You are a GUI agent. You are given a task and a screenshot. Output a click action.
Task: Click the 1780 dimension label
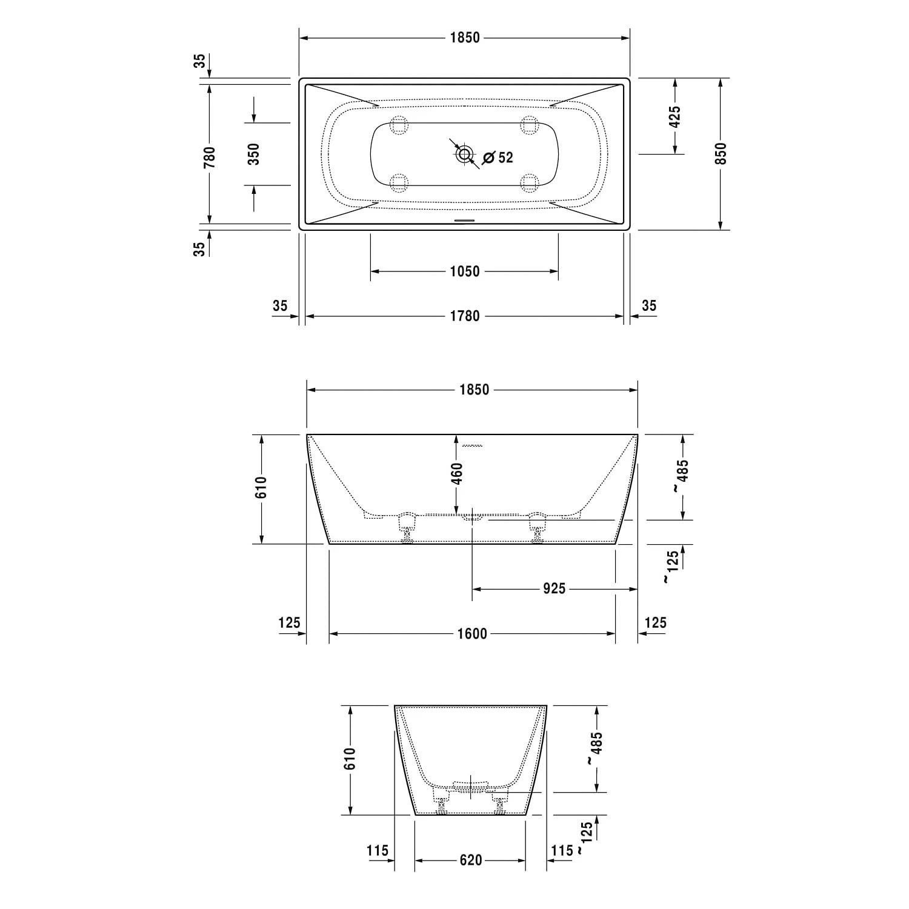click(465, 316)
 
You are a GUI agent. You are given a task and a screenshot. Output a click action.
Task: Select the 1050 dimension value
click(465, 271)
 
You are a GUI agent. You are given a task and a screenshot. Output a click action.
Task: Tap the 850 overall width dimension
click(721, 154)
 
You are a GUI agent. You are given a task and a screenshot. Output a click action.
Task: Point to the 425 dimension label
click(674, 116)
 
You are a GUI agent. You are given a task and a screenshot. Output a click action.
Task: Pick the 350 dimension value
click(254, 154)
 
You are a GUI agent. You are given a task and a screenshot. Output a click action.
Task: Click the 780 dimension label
click(210, 156)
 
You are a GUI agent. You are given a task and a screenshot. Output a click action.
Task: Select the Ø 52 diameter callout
click(498, 158)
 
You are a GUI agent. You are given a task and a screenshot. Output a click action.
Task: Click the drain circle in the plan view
click(465, 154)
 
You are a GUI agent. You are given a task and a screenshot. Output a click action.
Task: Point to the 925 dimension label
click(554, 588)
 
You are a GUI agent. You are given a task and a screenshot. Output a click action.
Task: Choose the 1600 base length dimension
click(472, 634)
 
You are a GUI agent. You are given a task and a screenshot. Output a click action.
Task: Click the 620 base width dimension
click(471, 860)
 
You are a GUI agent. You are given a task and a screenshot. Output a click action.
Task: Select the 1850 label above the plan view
click(465, 38)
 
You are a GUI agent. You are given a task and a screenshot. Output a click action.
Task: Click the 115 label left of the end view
click(378, 851)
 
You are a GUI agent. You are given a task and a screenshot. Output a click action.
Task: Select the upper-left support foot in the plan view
click(399, 125)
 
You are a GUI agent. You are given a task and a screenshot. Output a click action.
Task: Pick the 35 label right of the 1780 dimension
click(649, 305)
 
